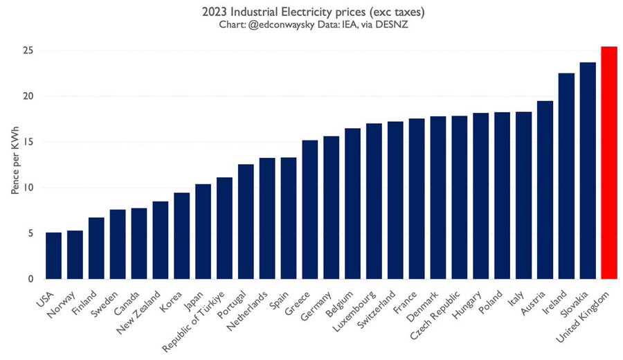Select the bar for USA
[53, 255]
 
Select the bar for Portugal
[246, 222]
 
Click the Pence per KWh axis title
[14, 164]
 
